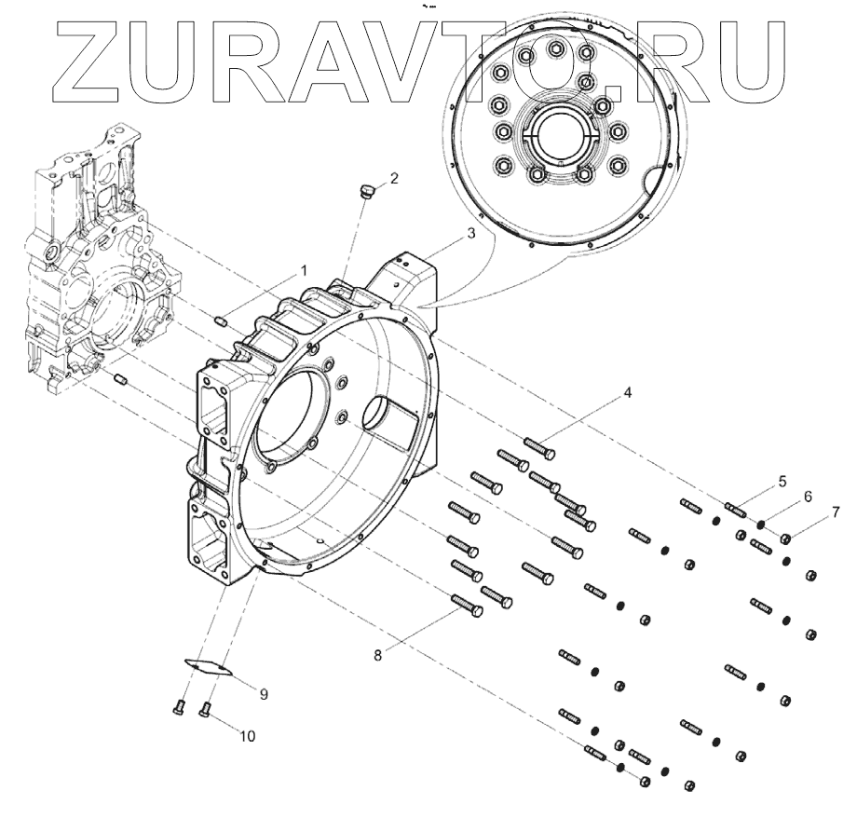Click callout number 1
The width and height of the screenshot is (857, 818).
304,271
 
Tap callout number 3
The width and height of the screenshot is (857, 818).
470,234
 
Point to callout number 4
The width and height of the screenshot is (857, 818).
628,392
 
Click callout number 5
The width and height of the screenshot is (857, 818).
782,482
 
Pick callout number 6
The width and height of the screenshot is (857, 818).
808,497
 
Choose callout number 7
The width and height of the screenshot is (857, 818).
836,512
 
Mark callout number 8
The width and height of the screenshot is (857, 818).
377,655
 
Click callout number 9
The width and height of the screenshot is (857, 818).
264,694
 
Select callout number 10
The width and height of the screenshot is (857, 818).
248,737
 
